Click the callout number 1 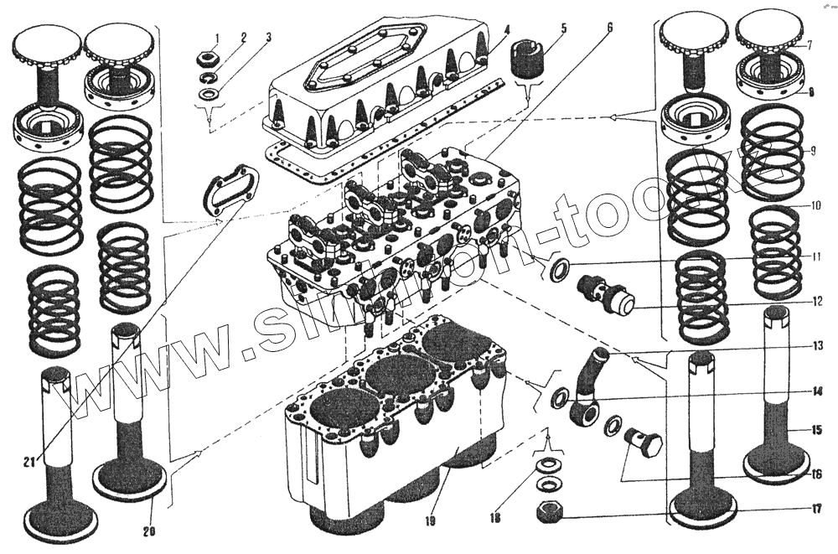[x=216, y=38]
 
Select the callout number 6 [x=609, y=27]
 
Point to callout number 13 [x=818, y=344]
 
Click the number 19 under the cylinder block [x=429, y=521]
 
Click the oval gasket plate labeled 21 [x=226, y=188]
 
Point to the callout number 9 [x=812, y=152]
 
